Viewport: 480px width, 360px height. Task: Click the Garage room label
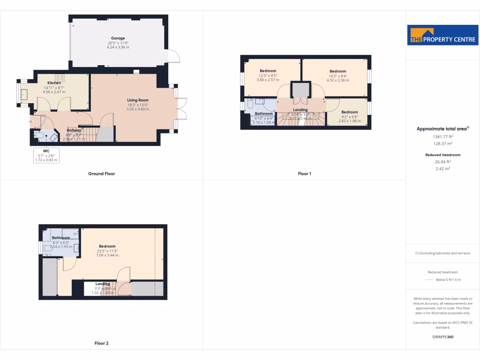click(118, 38)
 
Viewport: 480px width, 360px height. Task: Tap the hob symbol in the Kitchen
click(60, 78)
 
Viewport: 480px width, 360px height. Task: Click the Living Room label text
click(138, 100)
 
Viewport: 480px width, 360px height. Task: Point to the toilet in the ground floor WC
click(39, 136)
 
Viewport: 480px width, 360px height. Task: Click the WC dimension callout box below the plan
click(46, 155)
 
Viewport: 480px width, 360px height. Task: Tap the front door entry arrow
click(31, 122)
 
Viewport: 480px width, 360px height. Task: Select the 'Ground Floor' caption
click(101, 174)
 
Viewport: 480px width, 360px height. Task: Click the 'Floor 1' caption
click(304, 174)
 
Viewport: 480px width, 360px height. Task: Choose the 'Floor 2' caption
click(101, 344)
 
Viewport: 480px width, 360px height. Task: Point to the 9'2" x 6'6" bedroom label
click(349, 112)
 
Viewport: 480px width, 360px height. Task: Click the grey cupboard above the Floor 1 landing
click(300, 90)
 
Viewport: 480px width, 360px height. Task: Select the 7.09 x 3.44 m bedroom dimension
click(107, 255)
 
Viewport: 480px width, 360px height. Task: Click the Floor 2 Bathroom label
click(61, 238)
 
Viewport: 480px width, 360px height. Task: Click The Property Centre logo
click(442, 35)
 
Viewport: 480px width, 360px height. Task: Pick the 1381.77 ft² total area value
click(442, 136)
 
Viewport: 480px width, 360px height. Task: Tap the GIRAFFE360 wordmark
click(442, 337)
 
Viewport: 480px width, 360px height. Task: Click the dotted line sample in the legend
click(429, 279)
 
